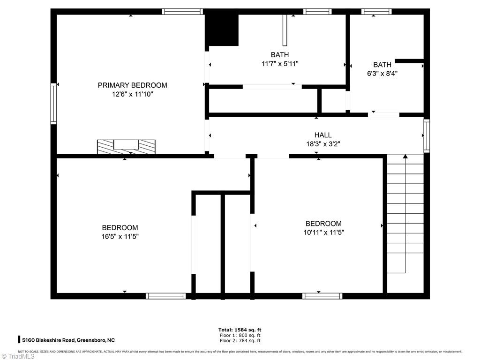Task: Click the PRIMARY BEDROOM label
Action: pos(132,85)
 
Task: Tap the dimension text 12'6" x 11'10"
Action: pos(132,94)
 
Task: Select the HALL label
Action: pos(322,135)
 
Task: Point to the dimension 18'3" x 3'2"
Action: pos(322,144)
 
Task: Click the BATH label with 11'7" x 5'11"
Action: pos(280,55)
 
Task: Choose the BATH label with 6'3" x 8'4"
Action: pos(382,65)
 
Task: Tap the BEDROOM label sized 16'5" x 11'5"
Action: pos(120,228)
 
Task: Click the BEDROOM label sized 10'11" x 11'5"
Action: pos(323,224)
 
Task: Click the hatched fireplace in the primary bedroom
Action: pos(126,146)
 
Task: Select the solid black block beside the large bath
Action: pos(222,30)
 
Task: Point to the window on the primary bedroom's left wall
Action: pos(54,104)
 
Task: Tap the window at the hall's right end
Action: pos(426,135)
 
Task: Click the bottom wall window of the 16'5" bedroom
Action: pos(165,296)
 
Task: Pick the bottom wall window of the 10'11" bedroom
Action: pos(322,296)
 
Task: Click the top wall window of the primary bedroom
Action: pos(182,12)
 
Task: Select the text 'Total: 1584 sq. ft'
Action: pos(240,330)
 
